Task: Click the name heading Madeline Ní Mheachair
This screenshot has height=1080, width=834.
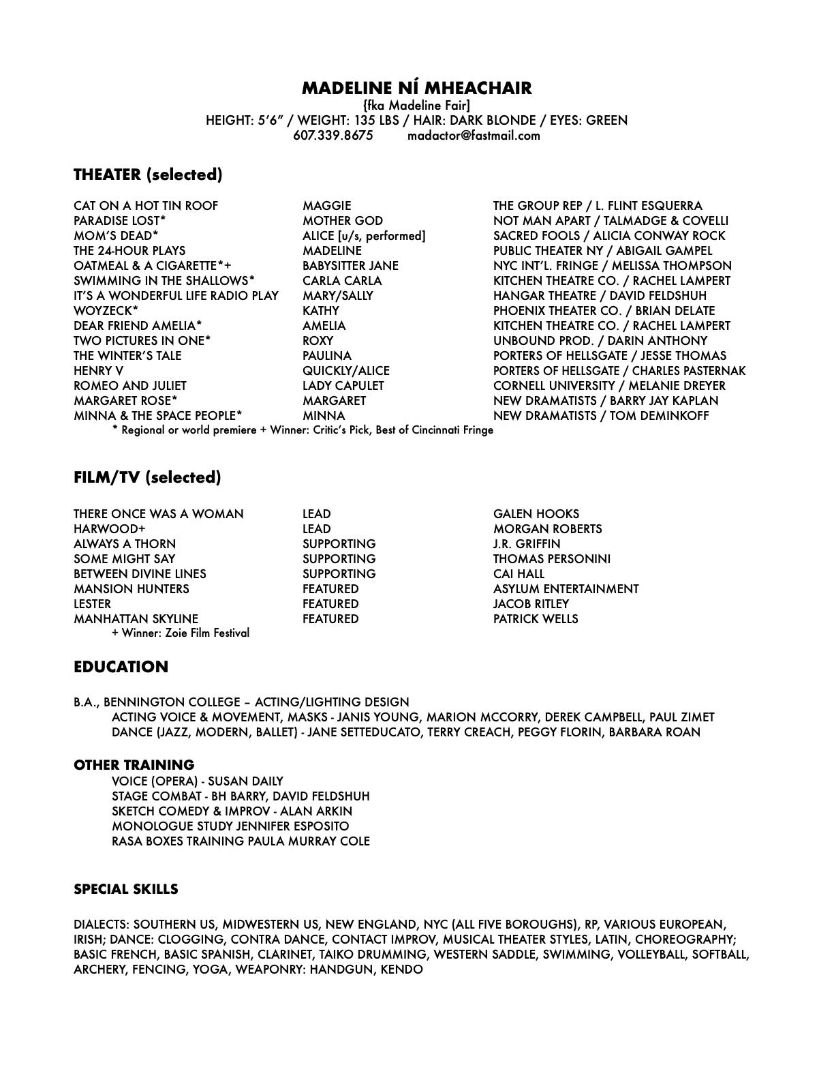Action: pos(416,88)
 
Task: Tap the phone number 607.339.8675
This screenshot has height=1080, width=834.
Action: pos(333,135)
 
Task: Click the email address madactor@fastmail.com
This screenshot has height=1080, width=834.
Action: pos(474,135)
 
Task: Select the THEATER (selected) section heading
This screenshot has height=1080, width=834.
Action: pos(148,175)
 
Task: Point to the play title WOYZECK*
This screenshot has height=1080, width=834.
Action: pos(106,310)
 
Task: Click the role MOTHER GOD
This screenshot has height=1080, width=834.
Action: pos(343,220)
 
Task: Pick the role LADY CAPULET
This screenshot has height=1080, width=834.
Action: pos(343,385)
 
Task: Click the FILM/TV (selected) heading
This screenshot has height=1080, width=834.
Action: pos(147,477)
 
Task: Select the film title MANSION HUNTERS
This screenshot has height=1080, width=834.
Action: pos(132,588)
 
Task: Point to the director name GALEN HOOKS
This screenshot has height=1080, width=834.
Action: pos(536,513)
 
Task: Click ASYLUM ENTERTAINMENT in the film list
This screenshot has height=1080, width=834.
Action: pos(566,588)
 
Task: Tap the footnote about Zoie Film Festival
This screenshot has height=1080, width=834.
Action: pos(181,633)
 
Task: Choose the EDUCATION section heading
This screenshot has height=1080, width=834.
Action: pos(121,667)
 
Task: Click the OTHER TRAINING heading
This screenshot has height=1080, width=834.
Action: pos(134,765)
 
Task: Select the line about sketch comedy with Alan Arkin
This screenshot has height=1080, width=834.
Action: pos(232,811)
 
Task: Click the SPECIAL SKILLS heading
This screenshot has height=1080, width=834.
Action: pos(126,889)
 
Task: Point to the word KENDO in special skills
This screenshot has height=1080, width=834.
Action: pos(401,969)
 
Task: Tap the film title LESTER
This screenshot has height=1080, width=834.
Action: pos(92,603)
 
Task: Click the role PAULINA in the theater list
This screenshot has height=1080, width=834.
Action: pos(327,355)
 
